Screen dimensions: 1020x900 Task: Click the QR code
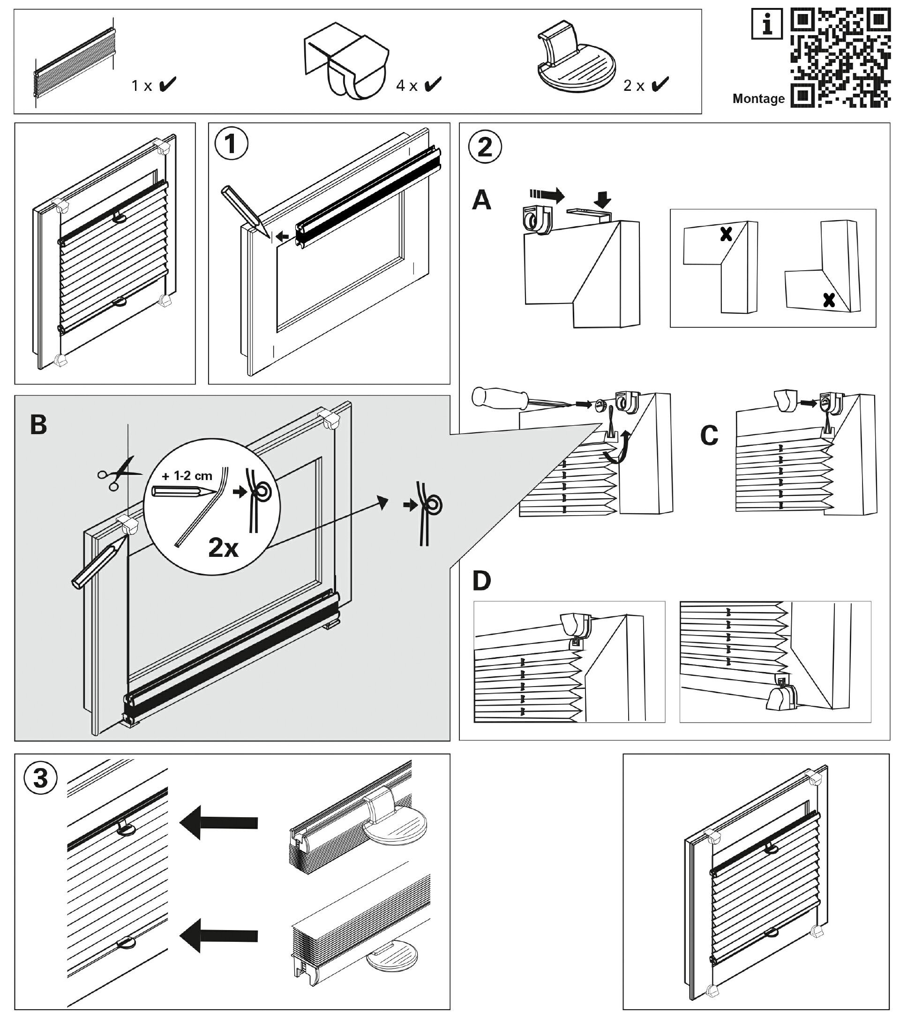[840, 58]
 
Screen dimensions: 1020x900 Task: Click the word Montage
[758, 99]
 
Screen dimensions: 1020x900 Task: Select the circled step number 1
[231, 144]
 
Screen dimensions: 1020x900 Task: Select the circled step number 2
[485, 147]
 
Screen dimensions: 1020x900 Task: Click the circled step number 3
[40, 778]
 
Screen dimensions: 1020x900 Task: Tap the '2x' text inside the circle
[223, 548]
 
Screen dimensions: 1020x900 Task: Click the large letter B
[38, 425]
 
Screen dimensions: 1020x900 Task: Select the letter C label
[709, 435]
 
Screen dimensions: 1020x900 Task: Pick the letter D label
[481, 581]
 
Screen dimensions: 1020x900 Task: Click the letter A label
[481, 200]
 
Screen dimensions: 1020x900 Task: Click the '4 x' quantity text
[406, 86]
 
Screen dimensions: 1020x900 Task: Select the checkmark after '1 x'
[167, 85]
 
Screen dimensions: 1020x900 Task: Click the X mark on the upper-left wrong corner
[726, 234]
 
